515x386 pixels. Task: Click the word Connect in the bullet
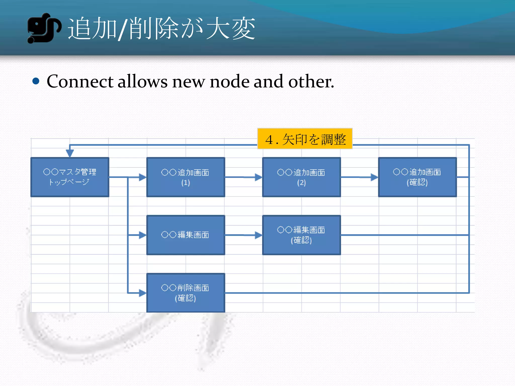tap(80, 82)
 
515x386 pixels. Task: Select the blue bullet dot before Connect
tap(36, 81)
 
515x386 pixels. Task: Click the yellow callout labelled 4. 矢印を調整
tap(305, 139)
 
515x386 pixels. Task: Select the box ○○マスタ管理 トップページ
tap(70, 177)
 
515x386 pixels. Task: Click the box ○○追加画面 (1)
tap(186, 177)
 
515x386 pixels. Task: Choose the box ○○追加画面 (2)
tap(301, 177)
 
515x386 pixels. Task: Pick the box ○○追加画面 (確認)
tap(417, 177)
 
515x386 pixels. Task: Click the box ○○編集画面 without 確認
tap(186, 235)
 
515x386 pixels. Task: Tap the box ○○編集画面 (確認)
tap(301, 235)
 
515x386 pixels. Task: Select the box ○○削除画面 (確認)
tap(186, 293)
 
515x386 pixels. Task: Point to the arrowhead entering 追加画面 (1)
tap(142, 177)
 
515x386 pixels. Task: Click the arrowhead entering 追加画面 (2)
tap(258, 177)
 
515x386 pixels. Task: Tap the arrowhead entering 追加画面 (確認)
tap(374, 177)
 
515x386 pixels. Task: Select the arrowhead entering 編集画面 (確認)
tap(258, 235)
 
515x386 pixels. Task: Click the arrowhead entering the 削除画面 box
tap(142, 293)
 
